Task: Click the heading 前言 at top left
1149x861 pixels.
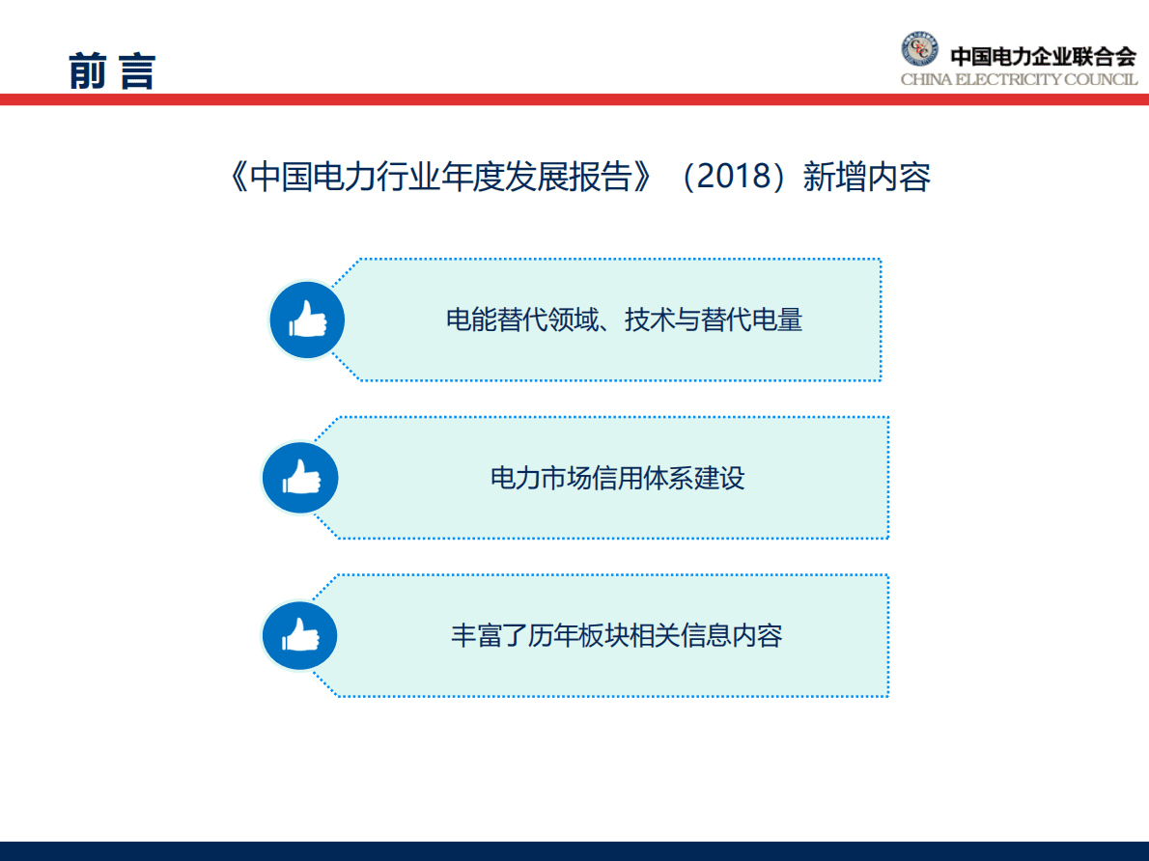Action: coord(112,71)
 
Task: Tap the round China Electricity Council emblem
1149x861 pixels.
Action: coord(919,50)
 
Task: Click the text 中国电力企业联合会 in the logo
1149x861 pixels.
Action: coord(1043,56)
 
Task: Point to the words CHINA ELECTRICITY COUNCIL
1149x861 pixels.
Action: coord(1019,79)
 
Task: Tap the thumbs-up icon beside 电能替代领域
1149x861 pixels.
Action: coord(307,319)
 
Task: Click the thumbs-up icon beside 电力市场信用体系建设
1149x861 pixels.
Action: coord(300,478)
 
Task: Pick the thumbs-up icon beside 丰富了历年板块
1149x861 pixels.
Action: coord(300,636)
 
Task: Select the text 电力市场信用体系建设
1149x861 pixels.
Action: coord(618,478)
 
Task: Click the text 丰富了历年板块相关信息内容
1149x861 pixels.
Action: coord(616,635)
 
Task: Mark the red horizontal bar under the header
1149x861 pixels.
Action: coord(574,99)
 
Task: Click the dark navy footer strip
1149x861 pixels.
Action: coord(574,850)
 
